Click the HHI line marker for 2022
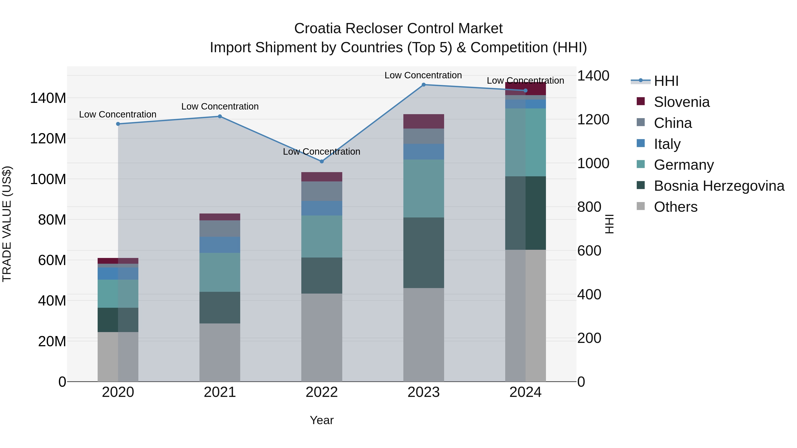[321, 162]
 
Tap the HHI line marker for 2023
[424, 85]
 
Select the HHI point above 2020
[118, 124]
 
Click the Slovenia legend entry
[682, 102]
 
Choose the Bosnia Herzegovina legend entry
[719, 186]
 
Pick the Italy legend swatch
[641, 143]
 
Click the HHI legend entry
[666, 81]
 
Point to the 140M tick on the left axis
[48, 98]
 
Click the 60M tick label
[52, 260]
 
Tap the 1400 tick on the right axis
[593, 76]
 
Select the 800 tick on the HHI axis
[589, 207]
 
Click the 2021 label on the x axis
[220, 392]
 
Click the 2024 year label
[525, 392]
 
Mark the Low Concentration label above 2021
[220, 106]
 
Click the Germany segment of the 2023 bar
[424, 188]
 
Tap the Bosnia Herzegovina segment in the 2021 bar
[220, 308]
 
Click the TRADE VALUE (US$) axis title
[7, 224]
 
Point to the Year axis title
[321, 420]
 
